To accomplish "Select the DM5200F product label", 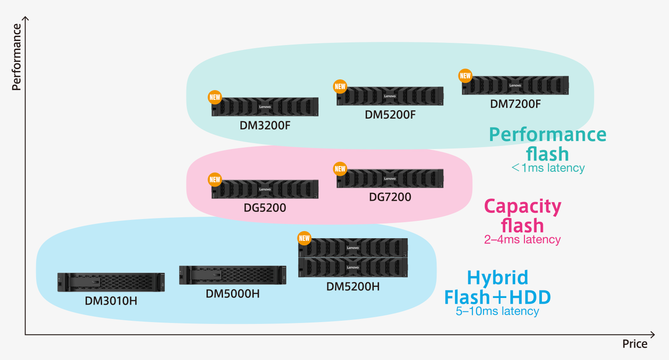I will tap(390, 115).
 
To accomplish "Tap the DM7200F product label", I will tap(515, 104).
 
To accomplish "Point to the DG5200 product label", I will tap(265, 207).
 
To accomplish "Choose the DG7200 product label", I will tap(390, 197).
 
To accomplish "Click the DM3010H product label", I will tap(111, 301).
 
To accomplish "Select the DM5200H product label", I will tap(353, 286).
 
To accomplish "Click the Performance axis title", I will tap(17, 57).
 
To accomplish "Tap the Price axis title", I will tap(635, 344).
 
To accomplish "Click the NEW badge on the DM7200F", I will tap(466, 76).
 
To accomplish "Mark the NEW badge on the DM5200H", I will tap(304, 238).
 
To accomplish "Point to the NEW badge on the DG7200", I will tap(340, 169).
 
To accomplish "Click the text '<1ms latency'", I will tap(548, 168).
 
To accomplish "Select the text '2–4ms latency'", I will tap(522, 240).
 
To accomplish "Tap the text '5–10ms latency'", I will tap(497, 311).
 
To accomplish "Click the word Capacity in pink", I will tap(522, 207).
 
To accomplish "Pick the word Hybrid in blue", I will tap(497, 277).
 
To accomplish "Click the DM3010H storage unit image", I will tap(111, 282).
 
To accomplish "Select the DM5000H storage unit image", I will tap(233, 275).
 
